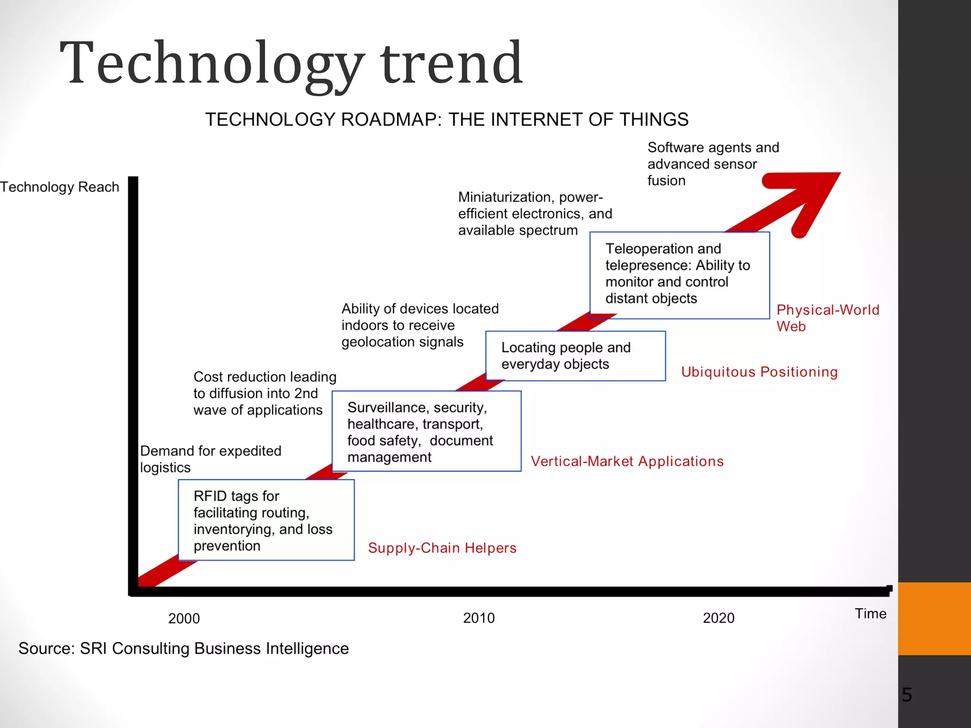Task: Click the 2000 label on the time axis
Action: (x=184, y=619)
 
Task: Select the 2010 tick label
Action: (x=478, y=618)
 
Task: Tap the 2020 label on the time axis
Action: (x=718, y=618)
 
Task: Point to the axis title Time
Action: (x=870, y=614)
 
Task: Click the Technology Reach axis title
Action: (x=60, y=187)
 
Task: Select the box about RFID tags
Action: (x=266, y=520)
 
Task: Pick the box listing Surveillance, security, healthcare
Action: (x=426, y=431)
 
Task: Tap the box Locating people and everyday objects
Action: (x=575, y=356)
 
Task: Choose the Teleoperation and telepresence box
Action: (x=679, y=275)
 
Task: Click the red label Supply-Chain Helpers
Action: (x=442, y=548)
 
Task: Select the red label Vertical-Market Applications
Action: (x=627, y=461)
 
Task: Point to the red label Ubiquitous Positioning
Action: (x=759, y=372)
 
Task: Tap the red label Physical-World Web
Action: (x=827, y=318)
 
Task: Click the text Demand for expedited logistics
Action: (x=211, y=459)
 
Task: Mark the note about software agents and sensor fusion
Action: (x=713, y=164)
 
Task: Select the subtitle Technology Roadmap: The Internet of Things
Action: (x=447, y=119)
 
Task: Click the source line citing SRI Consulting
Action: (x=183, y=648)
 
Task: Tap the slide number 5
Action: (x=907, y=695)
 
